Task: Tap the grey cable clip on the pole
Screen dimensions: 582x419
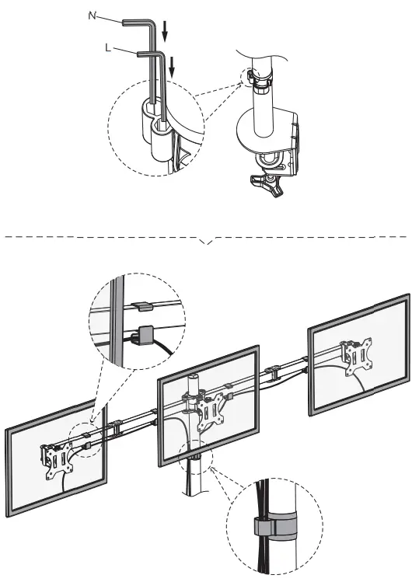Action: (x=267, y=525)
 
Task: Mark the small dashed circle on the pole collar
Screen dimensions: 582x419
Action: (x=253, y=77)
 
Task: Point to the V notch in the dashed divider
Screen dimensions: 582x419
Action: (x=206, y=243)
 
